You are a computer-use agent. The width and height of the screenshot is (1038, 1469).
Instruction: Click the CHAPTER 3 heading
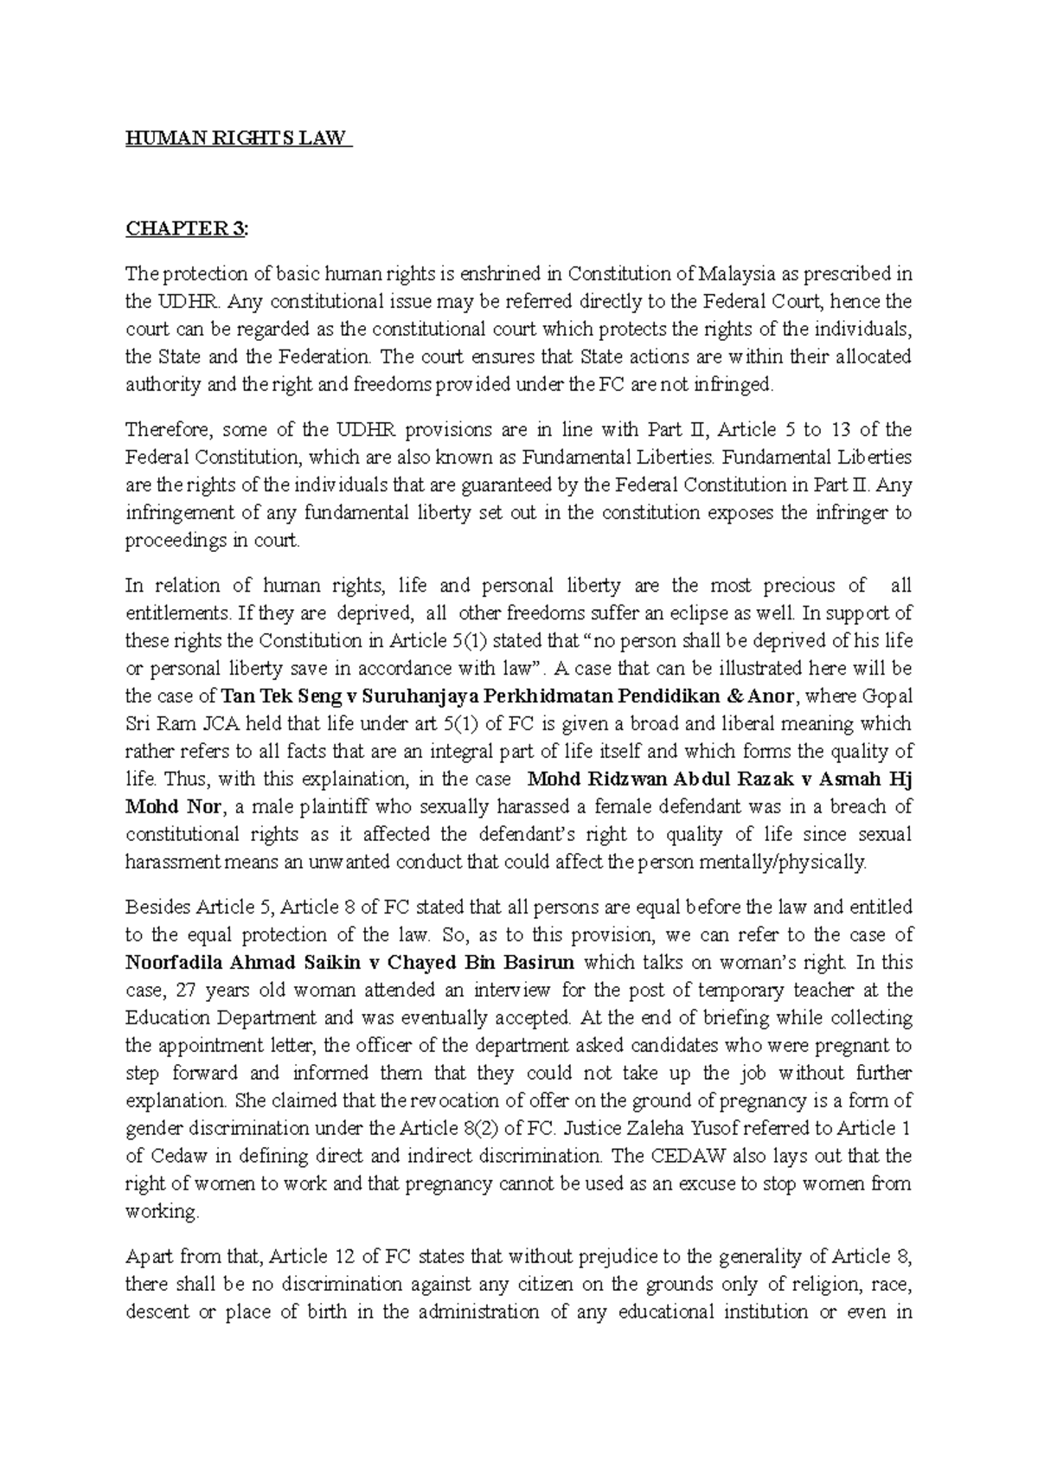(x=185, y=229)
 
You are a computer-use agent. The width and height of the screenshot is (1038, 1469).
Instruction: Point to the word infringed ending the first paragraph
(x=735, y=385)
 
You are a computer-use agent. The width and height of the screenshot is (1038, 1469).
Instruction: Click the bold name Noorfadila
(x=176, y=963)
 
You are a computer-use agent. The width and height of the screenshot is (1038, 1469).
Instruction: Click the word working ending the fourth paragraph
(x=161, y=1212)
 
